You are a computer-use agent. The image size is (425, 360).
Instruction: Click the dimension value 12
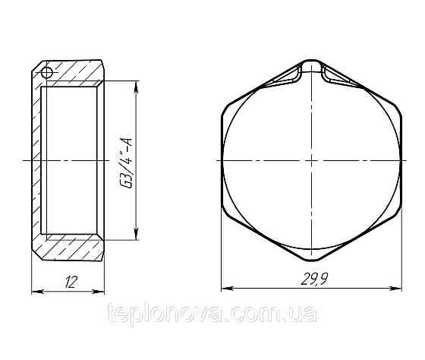tap(69, 281)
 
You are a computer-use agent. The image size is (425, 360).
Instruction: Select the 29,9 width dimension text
tap(310, 279)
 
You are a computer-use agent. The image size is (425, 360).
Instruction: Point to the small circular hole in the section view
tap(46, 73)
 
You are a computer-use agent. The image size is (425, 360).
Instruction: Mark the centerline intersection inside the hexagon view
tap(311, 160)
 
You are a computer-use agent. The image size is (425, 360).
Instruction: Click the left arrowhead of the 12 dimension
tap(34, 290)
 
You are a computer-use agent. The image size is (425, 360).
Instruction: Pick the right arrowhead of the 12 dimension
tap(102, 290)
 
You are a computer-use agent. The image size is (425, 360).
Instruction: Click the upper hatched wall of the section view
tap(72, 71)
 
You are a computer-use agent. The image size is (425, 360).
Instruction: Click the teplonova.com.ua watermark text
tap(212, 312)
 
